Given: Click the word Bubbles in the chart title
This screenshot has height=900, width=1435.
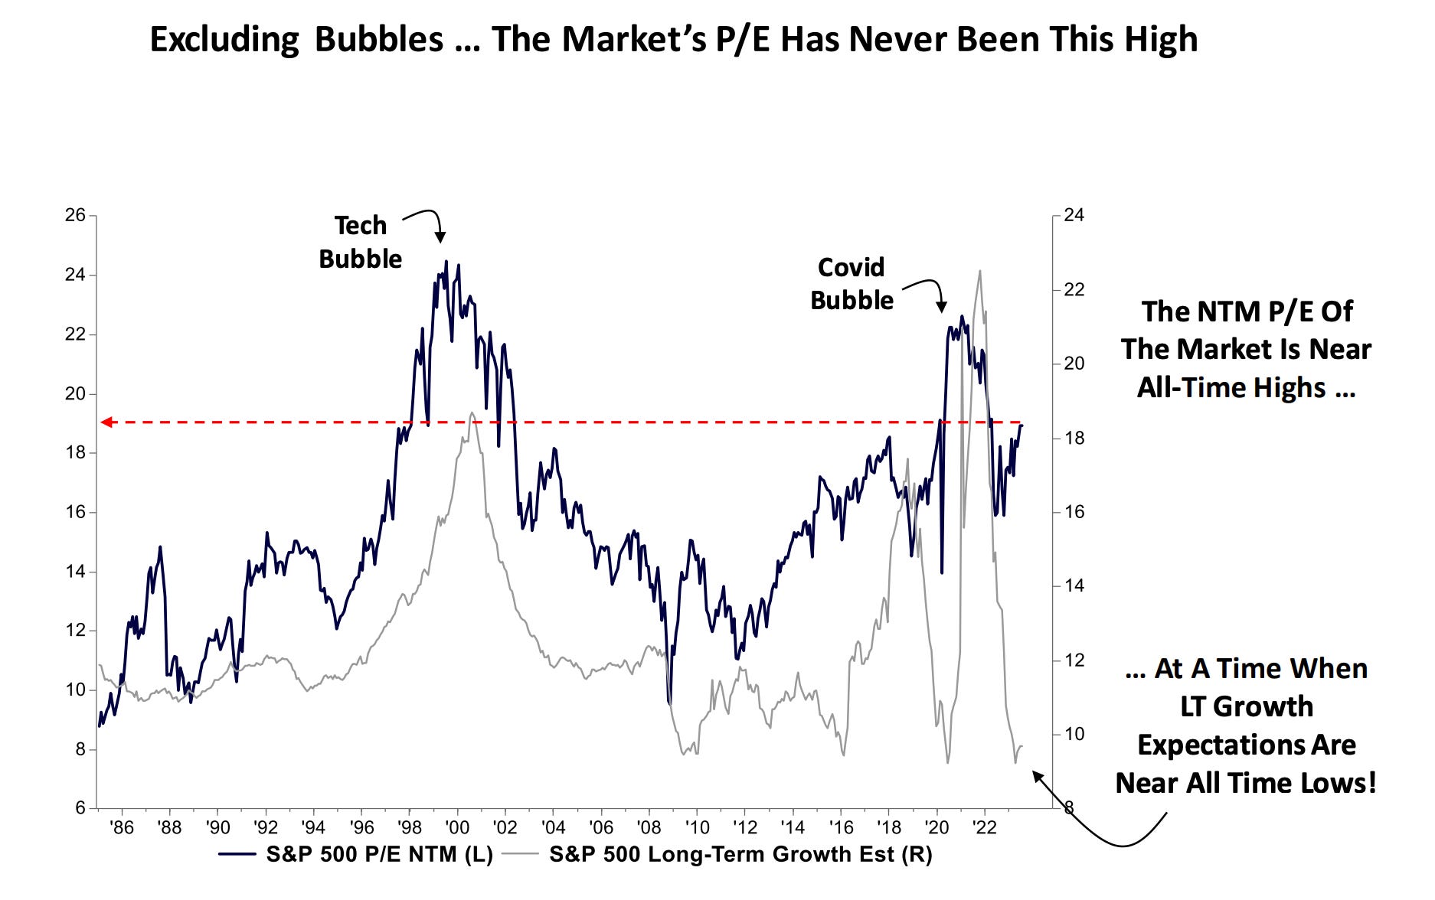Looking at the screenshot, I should (x=378, y=40).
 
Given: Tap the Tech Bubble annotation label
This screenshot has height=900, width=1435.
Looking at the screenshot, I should (x=360, y=242).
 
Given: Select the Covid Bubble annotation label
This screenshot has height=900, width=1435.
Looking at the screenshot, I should (x=852, y=284).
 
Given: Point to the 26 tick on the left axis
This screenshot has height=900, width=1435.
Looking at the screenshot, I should (x=75, y=215).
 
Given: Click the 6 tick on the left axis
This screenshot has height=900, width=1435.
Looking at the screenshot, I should (x=80, y=808).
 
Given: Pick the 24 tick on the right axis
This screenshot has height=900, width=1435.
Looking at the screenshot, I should (x=1074, y=215).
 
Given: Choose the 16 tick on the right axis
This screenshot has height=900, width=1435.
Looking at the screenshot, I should (x=1074, y=512).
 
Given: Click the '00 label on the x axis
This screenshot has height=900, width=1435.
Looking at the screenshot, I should (x=457, y=828).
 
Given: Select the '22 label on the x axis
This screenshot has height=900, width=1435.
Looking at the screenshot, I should (x=984, y=828).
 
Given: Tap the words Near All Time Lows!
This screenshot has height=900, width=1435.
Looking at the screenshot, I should (x=1246, y=783).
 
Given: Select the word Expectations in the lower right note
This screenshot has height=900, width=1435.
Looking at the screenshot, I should (x=1246, y=745).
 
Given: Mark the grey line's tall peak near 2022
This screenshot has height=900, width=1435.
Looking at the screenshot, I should (x=979, y=272).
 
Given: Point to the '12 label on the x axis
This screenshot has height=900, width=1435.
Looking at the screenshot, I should (x=744, y=828).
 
